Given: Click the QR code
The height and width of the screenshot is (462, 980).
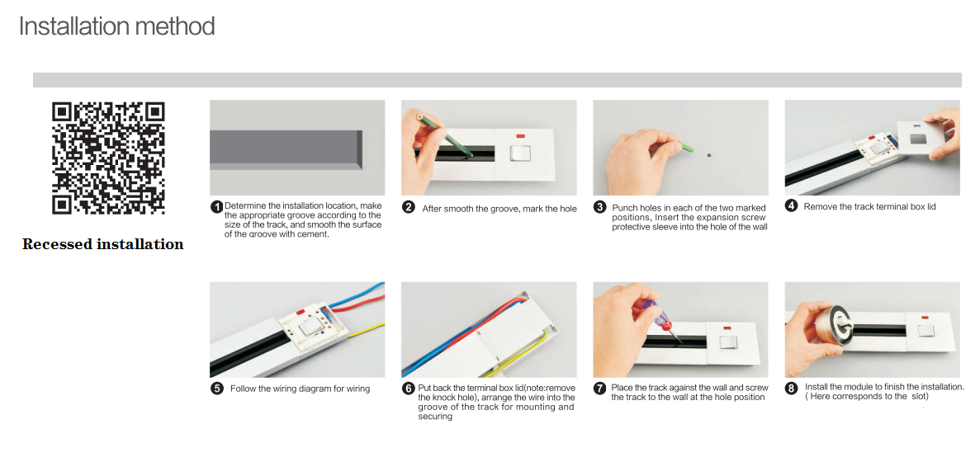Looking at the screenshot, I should point(108,158).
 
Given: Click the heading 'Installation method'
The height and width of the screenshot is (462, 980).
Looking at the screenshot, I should point(116,26).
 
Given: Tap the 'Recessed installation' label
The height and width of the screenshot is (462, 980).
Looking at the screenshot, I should point(102,244).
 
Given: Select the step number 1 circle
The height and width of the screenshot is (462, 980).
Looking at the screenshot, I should point(216,206).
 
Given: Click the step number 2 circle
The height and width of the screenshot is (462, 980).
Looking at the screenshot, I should point(408,208).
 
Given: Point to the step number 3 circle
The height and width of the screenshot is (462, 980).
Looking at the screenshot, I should point(599,207).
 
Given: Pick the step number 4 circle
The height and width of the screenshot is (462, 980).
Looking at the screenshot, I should point(791,206).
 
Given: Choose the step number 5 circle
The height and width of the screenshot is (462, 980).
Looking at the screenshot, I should point(216,389).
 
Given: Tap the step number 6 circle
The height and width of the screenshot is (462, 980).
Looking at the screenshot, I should point(408,389).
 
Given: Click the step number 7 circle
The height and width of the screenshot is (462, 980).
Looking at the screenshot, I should point(599,388).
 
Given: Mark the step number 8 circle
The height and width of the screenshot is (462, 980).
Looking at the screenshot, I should point(791,388).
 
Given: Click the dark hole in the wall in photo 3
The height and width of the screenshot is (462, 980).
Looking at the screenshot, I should point(709,154).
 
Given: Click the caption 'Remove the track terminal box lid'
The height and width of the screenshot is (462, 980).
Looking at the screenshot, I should point(869,206).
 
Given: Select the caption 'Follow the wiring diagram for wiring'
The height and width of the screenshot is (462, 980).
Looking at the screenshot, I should point(300,389).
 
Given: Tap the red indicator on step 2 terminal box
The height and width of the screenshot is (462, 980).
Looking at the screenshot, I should point(521,135).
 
